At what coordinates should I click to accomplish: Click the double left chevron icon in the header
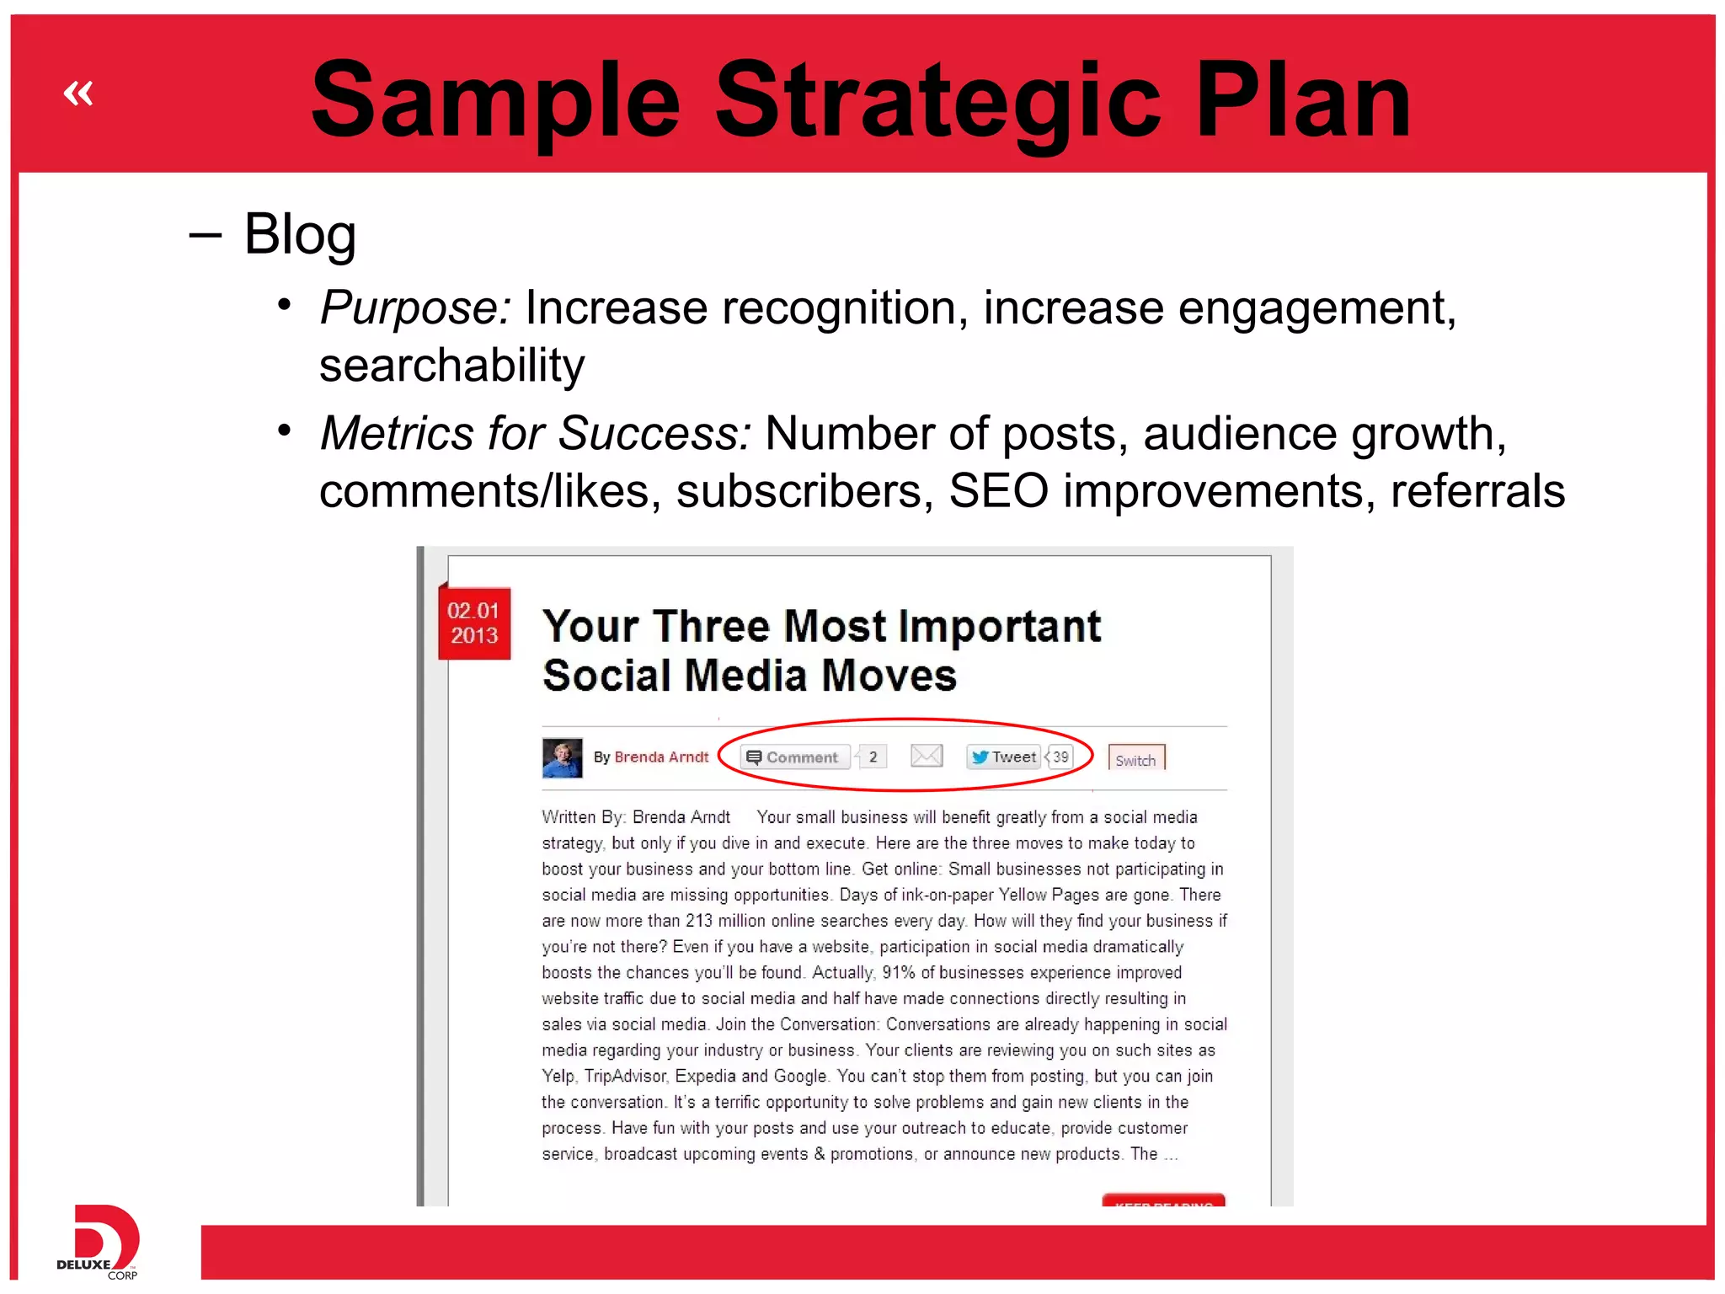pyautogui.click(x=78, y=93)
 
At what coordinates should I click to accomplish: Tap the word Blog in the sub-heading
pyautogui.click(x=300, y=234)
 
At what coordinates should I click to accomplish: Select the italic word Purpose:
pyautogui.click(x=415, y=307)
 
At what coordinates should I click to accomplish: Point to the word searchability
pyautogui.click(x=451, y=366)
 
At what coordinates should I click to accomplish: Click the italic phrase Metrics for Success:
pyautogui.click(x=536, y=434)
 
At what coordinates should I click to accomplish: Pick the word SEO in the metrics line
pyautogui.click(x=998, y=491)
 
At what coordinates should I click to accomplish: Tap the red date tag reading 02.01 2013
pyautogui.click(x=474, y=623)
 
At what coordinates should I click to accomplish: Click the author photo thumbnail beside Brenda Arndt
pyautogui.click(x=562, y=757)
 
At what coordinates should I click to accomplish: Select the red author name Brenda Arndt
pyautogui.click(x=661, y=757)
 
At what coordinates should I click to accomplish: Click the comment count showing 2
pyautogui.click(x=873, y=757)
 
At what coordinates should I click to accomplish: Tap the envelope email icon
pyautogui.click(x=927, y=756)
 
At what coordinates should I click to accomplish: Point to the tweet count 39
pyautogui.click(x=1060, y=757)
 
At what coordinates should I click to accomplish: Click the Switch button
pyautogui.click(x=1135, y=759)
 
